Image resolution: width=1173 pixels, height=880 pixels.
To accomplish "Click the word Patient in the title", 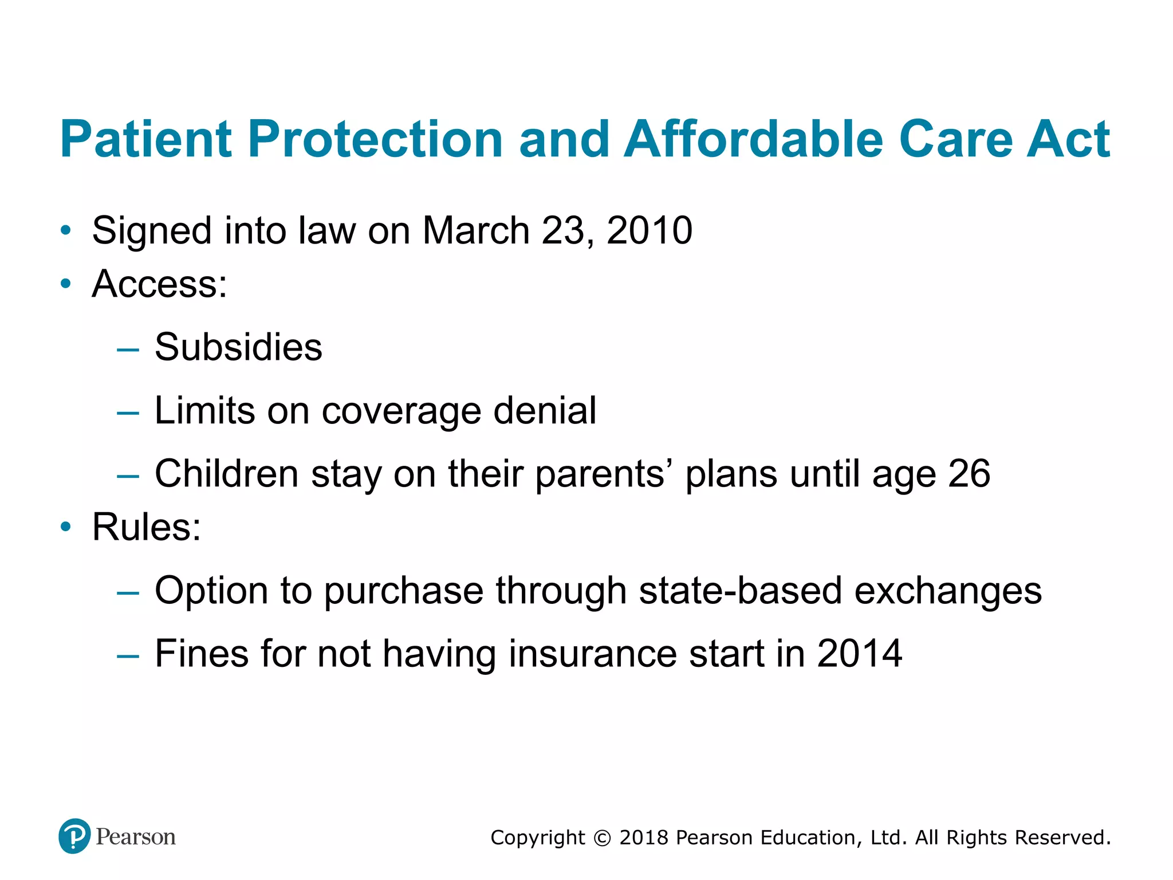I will coord(145,139).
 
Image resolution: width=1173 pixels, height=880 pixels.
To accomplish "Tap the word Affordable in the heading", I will coord(754,139).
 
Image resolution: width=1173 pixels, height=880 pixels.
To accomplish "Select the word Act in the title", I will coord(1068,139).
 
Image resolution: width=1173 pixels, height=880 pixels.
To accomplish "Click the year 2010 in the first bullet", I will coord(650,230).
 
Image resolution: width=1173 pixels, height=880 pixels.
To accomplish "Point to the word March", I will coord(475,230).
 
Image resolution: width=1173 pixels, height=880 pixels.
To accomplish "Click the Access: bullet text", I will coord(160,284).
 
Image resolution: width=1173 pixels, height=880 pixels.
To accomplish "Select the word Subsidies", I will coord(238,347).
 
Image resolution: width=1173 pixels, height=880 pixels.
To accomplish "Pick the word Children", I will coord(227,474).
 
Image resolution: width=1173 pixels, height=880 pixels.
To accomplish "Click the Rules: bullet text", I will coord(147,527).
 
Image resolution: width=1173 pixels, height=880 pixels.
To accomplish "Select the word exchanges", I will coord(948,591).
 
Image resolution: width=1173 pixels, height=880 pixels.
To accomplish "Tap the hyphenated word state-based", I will coord(740,591).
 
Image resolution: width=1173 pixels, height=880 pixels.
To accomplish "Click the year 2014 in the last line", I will coord(859,654).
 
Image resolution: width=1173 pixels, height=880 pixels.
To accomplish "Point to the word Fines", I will coord(202,654).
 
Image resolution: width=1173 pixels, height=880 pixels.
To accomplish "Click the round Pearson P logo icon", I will coord(74,836).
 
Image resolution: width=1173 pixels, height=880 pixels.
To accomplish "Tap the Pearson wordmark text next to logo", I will coord(136,837).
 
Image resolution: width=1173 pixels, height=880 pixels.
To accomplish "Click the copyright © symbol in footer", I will coord(602,838).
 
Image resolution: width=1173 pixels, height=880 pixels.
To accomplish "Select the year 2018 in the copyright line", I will coord(644,838).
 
